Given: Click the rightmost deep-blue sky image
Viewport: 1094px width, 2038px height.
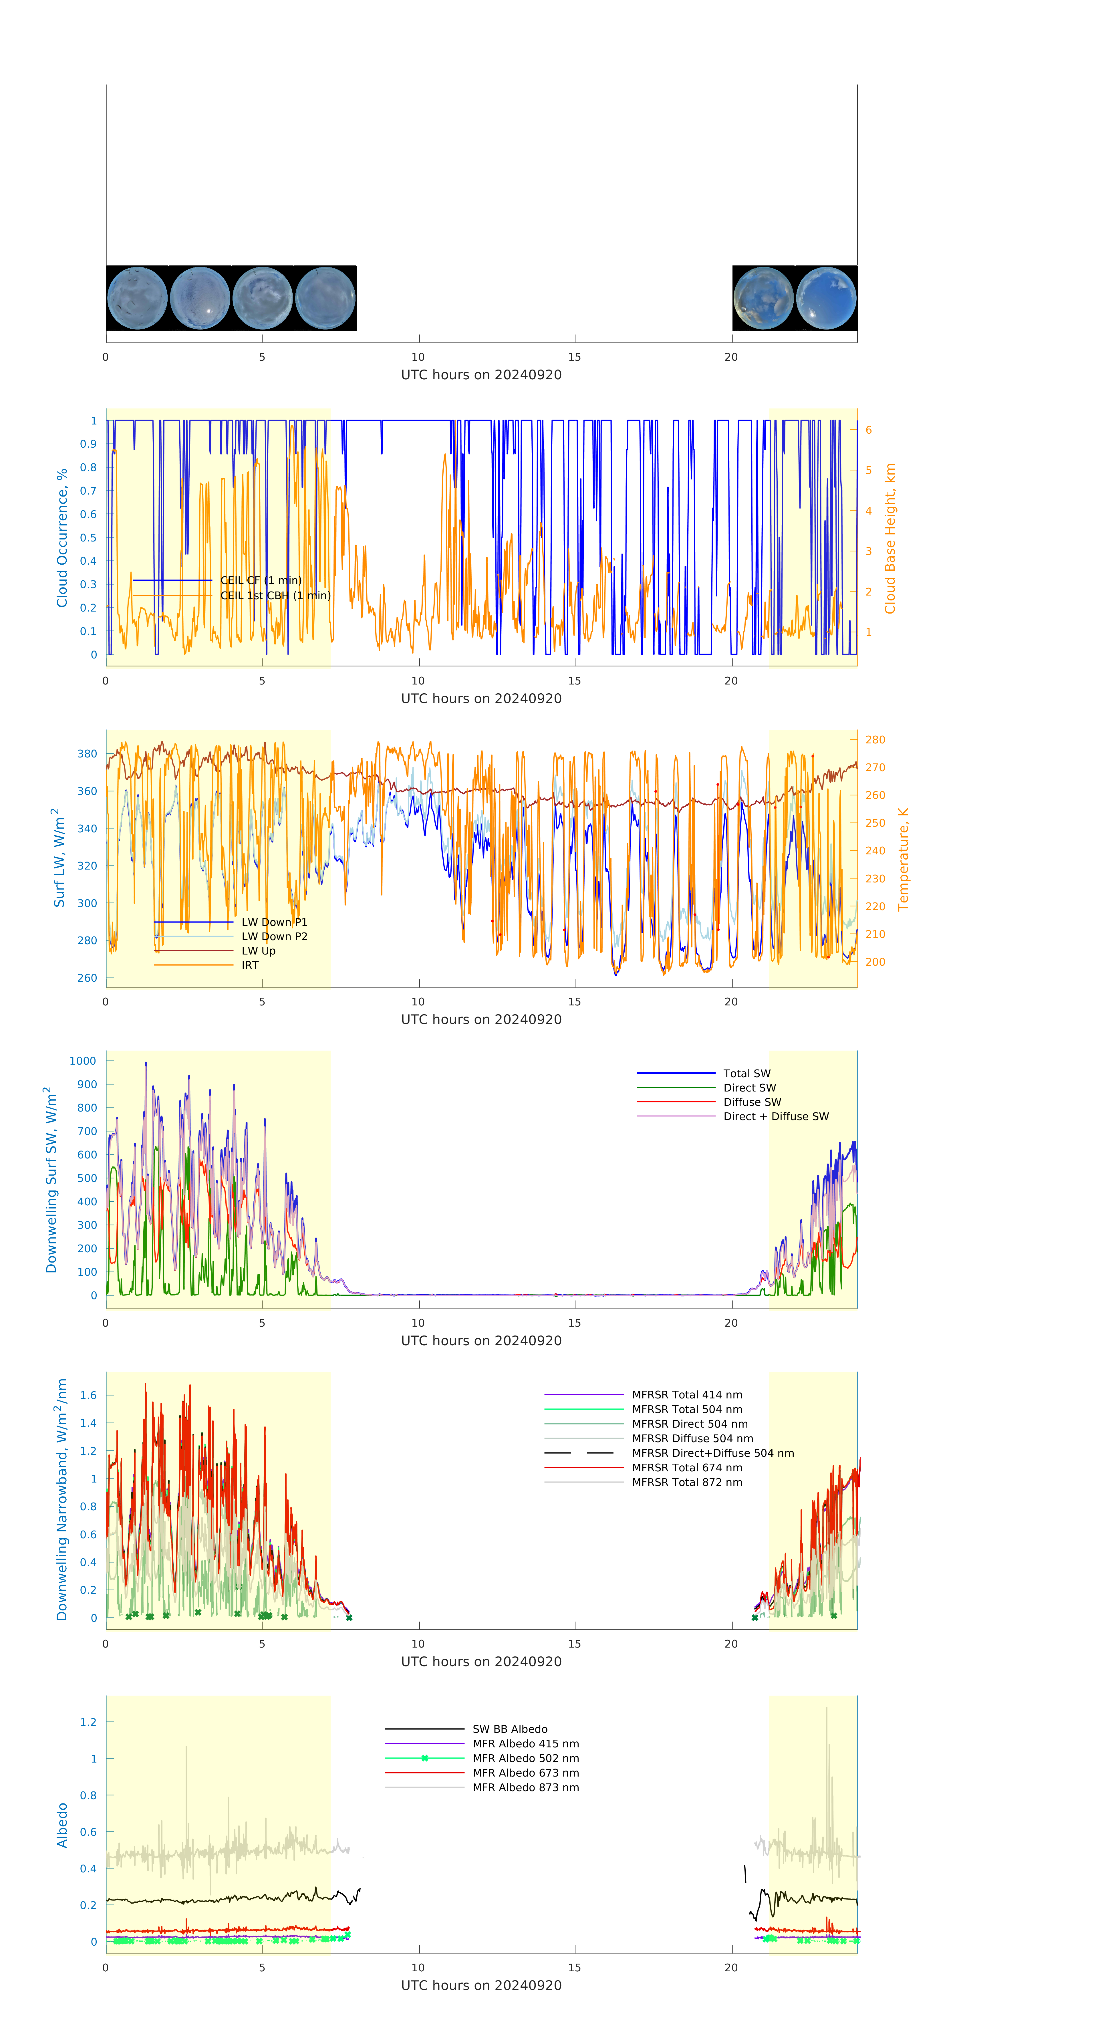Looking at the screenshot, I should point(826,298).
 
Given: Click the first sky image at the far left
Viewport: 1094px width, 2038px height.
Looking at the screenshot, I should point(137,298).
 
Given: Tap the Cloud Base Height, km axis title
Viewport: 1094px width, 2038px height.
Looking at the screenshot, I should point(890,538).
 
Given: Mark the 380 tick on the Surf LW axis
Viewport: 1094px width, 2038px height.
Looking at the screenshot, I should point(87,753).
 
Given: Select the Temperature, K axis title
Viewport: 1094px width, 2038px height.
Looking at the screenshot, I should point(903,859).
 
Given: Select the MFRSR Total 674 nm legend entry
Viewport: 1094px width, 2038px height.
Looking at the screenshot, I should point(687,1468).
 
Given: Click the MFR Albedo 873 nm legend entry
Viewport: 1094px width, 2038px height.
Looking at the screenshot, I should point(525,1787).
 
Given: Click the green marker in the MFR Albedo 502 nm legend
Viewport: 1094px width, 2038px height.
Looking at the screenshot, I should point(425,1758).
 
